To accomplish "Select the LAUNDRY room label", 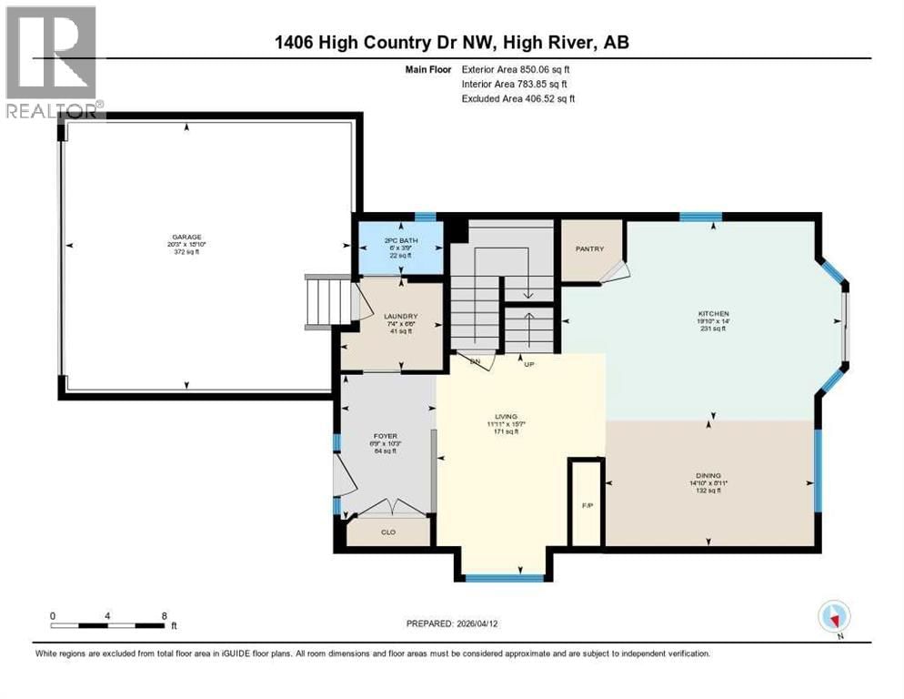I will tap(399, 317).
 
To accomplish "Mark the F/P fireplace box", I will tap(586, 503).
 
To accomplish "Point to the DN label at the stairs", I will tap(473, 361).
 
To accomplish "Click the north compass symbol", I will tap(833, 617).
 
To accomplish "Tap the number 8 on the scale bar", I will tap(163, 615).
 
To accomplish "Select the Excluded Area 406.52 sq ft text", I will tap(518, 98).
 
